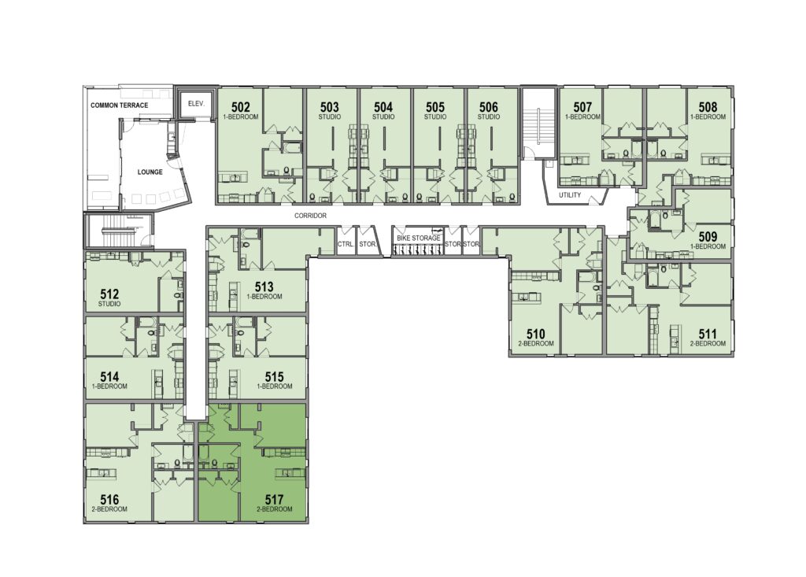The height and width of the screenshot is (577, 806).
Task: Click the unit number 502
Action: point(241,107)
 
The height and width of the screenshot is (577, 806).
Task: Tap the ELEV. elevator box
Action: point(196,104)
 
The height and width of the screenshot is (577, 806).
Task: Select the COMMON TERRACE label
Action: point(120,105)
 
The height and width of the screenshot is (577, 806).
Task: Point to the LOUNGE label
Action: point(150,172)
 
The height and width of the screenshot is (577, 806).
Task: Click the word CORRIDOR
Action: point(310,216)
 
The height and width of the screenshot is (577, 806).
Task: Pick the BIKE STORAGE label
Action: point(419,238)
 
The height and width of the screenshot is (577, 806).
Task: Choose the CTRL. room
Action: point(346,244)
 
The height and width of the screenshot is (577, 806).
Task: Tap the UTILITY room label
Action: point(570,195)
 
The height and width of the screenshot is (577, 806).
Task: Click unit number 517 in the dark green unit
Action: point(275,499)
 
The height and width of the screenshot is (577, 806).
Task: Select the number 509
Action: point(708,237)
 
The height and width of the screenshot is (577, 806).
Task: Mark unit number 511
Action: point(708,334)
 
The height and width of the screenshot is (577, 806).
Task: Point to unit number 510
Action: point(535,334)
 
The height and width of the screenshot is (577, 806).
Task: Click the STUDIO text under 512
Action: point(109,304)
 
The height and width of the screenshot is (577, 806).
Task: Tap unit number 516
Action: point(109,499)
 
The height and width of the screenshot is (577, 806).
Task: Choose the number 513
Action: point(264,287)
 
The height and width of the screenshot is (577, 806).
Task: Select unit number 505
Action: point(434,107)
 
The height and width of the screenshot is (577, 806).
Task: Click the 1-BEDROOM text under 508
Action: point(708,117)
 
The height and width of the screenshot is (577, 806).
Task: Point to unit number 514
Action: point(109,376)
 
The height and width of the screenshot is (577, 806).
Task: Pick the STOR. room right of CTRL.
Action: point(367,244)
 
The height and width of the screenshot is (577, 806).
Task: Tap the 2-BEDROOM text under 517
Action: point(275,509)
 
